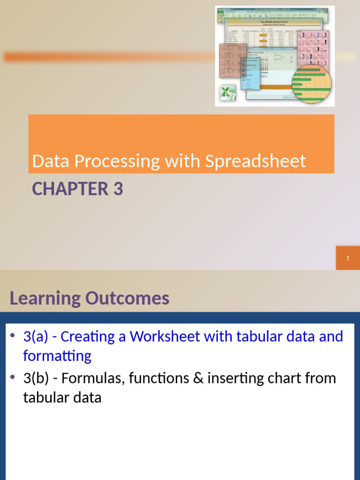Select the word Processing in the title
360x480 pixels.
point(117,162)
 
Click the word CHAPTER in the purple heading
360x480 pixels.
point(70,189)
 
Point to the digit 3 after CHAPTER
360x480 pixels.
point(118,189)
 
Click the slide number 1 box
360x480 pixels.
point(348,258)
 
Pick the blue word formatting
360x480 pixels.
point(57,356)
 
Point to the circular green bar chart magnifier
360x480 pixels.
point(311,83)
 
